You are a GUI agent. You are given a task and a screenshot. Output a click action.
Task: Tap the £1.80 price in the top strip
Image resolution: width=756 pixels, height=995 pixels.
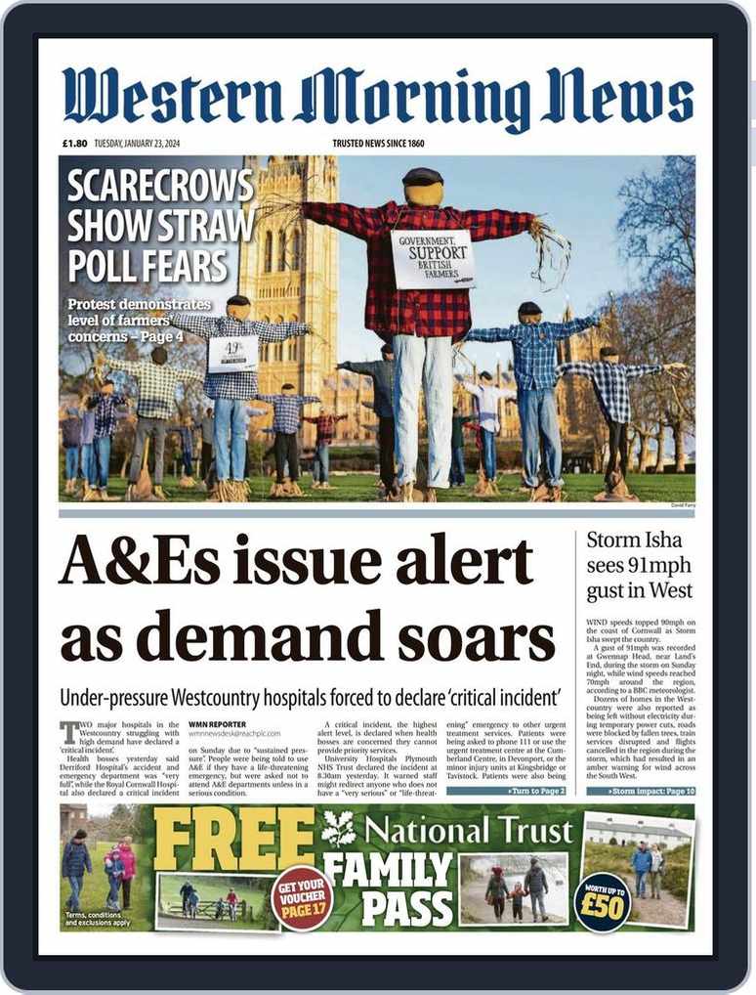click(x=75, y=144)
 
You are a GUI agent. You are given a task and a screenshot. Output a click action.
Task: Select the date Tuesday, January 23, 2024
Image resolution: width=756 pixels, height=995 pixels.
click(x=138, y=144)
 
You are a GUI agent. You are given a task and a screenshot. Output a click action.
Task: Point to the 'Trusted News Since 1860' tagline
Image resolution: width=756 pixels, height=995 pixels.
click(x=378, y=144)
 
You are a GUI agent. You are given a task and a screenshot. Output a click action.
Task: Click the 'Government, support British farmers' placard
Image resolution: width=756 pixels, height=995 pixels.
click(x=432, y=258)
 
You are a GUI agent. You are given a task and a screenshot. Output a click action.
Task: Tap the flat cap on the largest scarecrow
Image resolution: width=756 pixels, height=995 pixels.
click(x=423, y=177)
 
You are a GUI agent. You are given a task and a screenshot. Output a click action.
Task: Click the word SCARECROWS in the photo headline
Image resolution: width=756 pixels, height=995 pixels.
click(x=160, y=187)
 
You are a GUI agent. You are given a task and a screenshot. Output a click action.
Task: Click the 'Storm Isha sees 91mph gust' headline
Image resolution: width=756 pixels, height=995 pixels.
click(x=640, y=565)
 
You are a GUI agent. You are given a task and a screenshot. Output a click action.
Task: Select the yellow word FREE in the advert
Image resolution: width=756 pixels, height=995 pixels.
click(x=234, y=839)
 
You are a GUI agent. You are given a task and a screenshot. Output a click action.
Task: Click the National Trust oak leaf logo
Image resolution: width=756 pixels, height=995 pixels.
click(x=338, y=829)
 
